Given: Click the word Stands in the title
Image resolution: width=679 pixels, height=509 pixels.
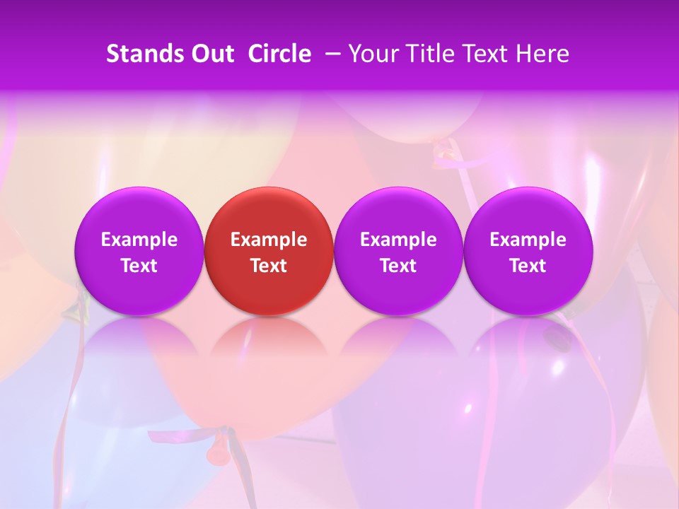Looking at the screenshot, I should tap(139, 54).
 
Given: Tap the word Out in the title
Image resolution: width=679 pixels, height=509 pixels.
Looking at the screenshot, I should tap(211, 54).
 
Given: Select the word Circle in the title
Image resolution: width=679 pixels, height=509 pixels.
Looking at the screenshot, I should tap(279, 54).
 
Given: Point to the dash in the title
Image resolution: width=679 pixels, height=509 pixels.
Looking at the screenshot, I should tap(330, 54).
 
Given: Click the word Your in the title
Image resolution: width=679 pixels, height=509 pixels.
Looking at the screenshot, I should tap(372, 54).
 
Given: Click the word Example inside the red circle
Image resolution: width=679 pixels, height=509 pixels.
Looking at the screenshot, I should tap(269, 240).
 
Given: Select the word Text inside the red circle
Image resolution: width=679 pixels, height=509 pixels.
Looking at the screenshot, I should tap(269, 266).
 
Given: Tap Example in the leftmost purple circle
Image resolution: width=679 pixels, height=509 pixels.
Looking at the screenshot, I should tap(139, 240).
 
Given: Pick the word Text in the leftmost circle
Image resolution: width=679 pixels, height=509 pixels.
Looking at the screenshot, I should tap(139, 266).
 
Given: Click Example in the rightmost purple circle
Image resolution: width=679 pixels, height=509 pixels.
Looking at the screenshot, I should tap(528, 240).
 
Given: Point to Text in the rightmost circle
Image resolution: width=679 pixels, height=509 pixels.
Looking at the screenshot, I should tap(528, 266).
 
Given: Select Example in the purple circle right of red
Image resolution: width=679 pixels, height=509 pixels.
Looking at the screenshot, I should tap(399, 240).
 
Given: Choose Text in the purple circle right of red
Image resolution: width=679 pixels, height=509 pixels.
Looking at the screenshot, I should tap(399, 266).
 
